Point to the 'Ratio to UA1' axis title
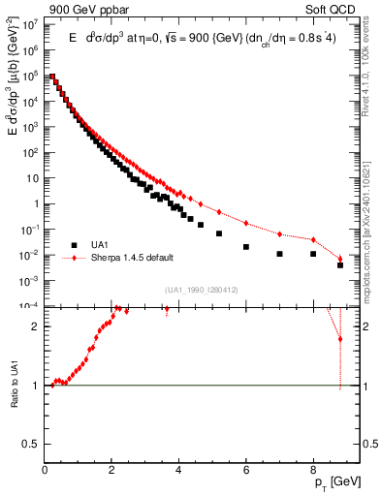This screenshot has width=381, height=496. (15, 386)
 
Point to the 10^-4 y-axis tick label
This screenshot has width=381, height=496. (31, 306)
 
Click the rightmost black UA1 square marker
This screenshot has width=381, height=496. (340, 264)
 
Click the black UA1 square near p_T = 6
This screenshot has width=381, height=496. (246, 246)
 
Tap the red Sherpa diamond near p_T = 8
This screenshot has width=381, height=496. (313, 239)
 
